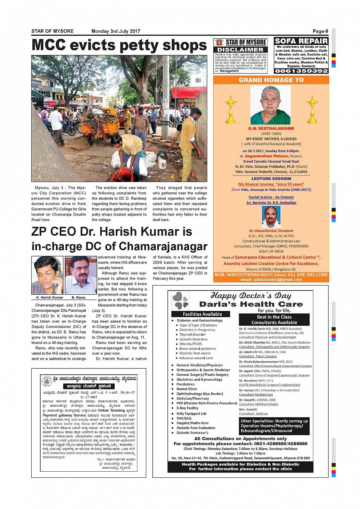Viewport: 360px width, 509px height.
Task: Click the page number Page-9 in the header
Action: click(320, 31)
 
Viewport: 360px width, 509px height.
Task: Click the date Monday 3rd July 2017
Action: click(116, 31)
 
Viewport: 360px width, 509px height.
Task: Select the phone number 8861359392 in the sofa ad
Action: click(301, 71)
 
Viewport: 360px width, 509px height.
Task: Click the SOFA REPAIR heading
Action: click(301, 41)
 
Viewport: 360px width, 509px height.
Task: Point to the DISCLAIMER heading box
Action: click(240, 49)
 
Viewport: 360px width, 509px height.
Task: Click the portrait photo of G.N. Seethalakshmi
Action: click(270, 105)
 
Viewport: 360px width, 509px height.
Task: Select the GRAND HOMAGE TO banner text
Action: click(271, 80)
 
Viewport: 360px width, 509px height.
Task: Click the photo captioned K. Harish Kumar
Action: click(47, 275)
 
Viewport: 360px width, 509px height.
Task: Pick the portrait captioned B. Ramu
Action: click(80, 275)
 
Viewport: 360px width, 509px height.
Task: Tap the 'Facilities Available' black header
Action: click(202, 314)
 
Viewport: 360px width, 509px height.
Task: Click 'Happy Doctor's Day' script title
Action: click(251, 296)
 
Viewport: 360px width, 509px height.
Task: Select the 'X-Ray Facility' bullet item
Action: click(187, 408)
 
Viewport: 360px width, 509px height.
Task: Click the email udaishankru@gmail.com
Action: click(271, 279)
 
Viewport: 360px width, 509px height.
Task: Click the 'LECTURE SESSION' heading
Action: click(271, 178)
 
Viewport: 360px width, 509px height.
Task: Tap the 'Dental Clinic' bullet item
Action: click(187, 389)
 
